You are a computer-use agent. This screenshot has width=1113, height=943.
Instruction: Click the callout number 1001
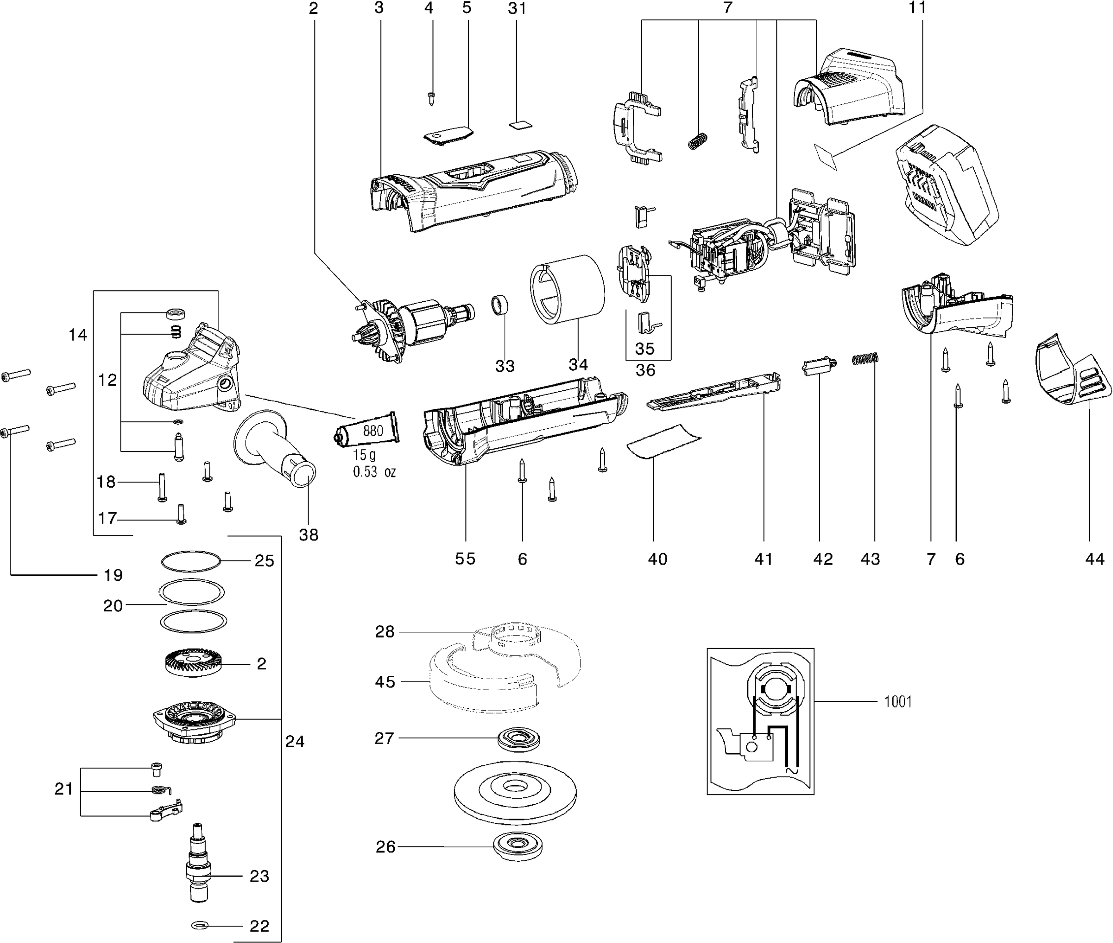897,701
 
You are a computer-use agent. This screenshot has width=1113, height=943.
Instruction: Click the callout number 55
465,559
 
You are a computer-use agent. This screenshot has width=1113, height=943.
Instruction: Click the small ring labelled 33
499,306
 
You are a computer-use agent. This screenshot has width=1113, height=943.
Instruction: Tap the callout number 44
1094,559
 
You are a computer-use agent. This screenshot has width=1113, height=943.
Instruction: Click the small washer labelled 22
199,925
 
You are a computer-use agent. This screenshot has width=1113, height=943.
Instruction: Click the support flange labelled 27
518,739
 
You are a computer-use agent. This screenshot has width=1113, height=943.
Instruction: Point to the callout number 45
385,682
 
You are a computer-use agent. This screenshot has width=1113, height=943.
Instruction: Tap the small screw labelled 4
431,98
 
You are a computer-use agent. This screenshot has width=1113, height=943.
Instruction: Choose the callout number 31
517,8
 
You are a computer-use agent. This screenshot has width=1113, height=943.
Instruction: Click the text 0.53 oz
374,472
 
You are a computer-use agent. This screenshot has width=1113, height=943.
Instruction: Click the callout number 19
113,575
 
